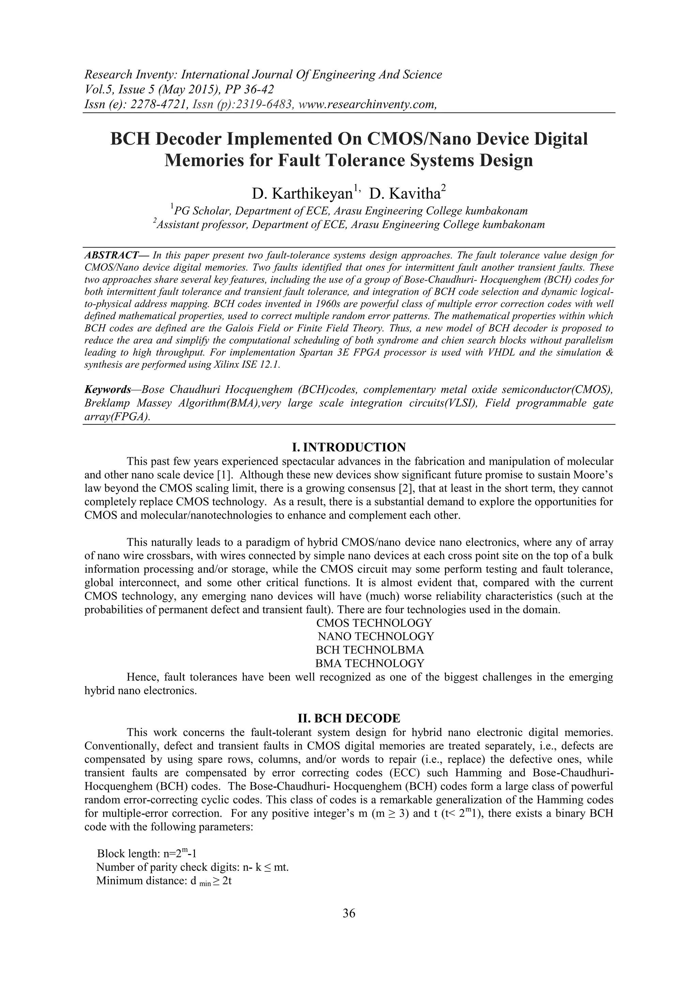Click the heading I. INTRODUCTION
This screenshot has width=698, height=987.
(349, 447)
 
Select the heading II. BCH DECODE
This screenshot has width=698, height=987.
(349, 718)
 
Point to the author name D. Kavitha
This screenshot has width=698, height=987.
(405, 194)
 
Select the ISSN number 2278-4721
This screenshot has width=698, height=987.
(147, 104)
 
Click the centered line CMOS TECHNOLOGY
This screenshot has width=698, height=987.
(374, 623)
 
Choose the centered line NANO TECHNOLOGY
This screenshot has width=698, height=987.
(376, 636)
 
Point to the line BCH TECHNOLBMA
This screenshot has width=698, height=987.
(370, 649)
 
